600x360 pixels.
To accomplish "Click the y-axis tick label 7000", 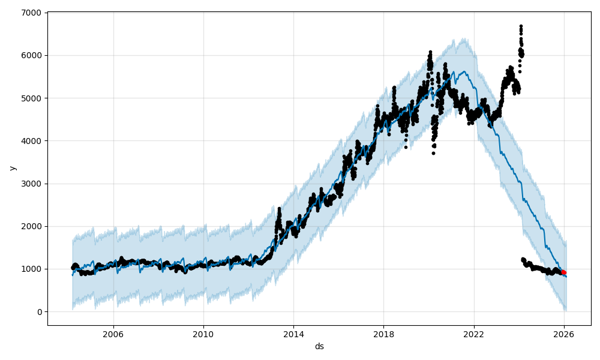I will pos(32,13).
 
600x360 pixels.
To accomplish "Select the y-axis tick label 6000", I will pos(32,55).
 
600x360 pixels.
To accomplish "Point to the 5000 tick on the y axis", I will pos(32,98).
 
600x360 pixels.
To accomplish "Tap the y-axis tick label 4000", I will pos(32,141).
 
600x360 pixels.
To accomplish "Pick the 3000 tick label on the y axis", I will pos(32,184).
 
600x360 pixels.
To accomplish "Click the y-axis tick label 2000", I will pos(32,226).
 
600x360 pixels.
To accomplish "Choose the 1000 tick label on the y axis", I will pos(32,269).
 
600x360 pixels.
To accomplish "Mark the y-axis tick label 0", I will pos(39,311).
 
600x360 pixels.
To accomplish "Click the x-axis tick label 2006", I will pos(113,334).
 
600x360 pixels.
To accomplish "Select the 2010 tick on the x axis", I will pos(203,334).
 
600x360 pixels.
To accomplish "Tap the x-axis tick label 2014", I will pos(293,334).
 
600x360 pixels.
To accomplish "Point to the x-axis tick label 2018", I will pos(383,334).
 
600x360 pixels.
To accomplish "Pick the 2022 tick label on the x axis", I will pos(473,334).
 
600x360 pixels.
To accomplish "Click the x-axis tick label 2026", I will pos(564,334).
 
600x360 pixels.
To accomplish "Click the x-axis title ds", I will pos(319,346).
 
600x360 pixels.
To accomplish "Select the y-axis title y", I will pos(12,168).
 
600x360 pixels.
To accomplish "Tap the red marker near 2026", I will pos(563,272).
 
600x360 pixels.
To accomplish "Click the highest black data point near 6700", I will pos(521,26).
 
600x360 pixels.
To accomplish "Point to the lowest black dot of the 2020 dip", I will pos(433,153).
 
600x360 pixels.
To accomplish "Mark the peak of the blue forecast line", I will pos(465,71).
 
